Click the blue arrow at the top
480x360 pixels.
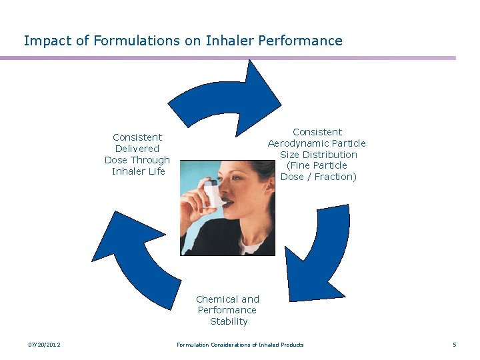(227, 97)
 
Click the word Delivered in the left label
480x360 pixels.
(137, 149)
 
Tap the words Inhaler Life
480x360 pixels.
(138, 171)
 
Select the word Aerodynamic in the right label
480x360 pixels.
(317, 143)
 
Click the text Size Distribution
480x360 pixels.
(319, 155)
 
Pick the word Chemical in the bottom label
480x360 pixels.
(217, 299)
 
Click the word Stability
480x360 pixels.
(229, 321)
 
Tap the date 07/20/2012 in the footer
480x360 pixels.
(44, 345)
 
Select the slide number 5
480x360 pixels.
(454, 345)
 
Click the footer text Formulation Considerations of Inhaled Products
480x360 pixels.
(240, 345)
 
